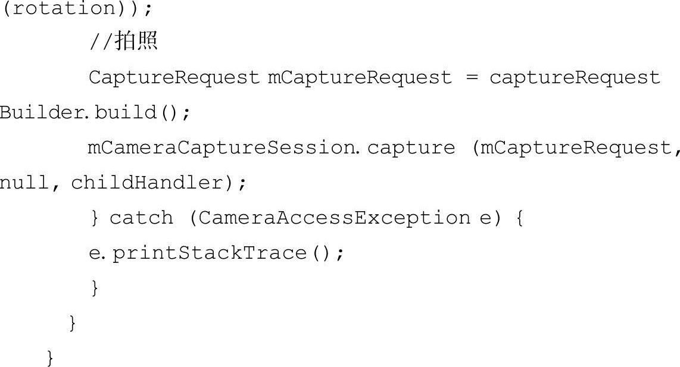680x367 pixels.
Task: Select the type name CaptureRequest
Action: (174, 78)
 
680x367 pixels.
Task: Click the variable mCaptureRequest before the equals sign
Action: (360, 78)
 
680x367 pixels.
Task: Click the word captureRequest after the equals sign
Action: (575, 78)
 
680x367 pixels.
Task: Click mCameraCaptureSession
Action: (221, 148)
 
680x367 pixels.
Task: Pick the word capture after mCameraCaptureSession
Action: (411, 148)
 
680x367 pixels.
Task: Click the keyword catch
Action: (142, 218)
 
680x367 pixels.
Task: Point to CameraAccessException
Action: (334, 218)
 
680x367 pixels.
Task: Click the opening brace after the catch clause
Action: (517, 218)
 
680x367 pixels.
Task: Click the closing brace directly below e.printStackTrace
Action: (94, 288)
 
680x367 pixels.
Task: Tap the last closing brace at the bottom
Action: (51, 358)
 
